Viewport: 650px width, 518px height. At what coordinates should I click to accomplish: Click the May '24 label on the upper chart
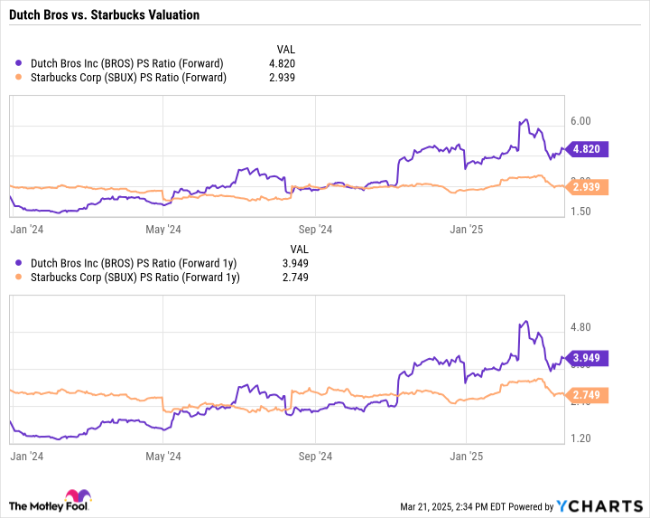coord(162,230)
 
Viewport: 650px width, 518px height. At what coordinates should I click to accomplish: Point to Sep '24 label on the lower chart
coord(315,457)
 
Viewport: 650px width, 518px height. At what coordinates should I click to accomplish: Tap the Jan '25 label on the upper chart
coord(467,230)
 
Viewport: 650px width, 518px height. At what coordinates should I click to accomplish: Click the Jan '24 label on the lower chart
coord(27,457)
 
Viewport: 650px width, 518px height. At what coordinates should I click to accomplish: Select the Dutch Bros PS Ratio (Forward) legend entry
coord(126,63)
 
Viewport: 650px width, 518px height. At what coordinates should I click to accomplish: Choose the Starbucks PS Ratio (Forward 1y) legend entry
coord(135,278)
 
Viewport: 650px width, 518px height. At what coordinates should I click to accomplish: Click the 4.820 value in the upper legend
coord(282,63)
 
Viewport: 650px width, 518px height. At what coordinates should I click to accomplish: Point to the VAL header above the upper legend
coord(285,49)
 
